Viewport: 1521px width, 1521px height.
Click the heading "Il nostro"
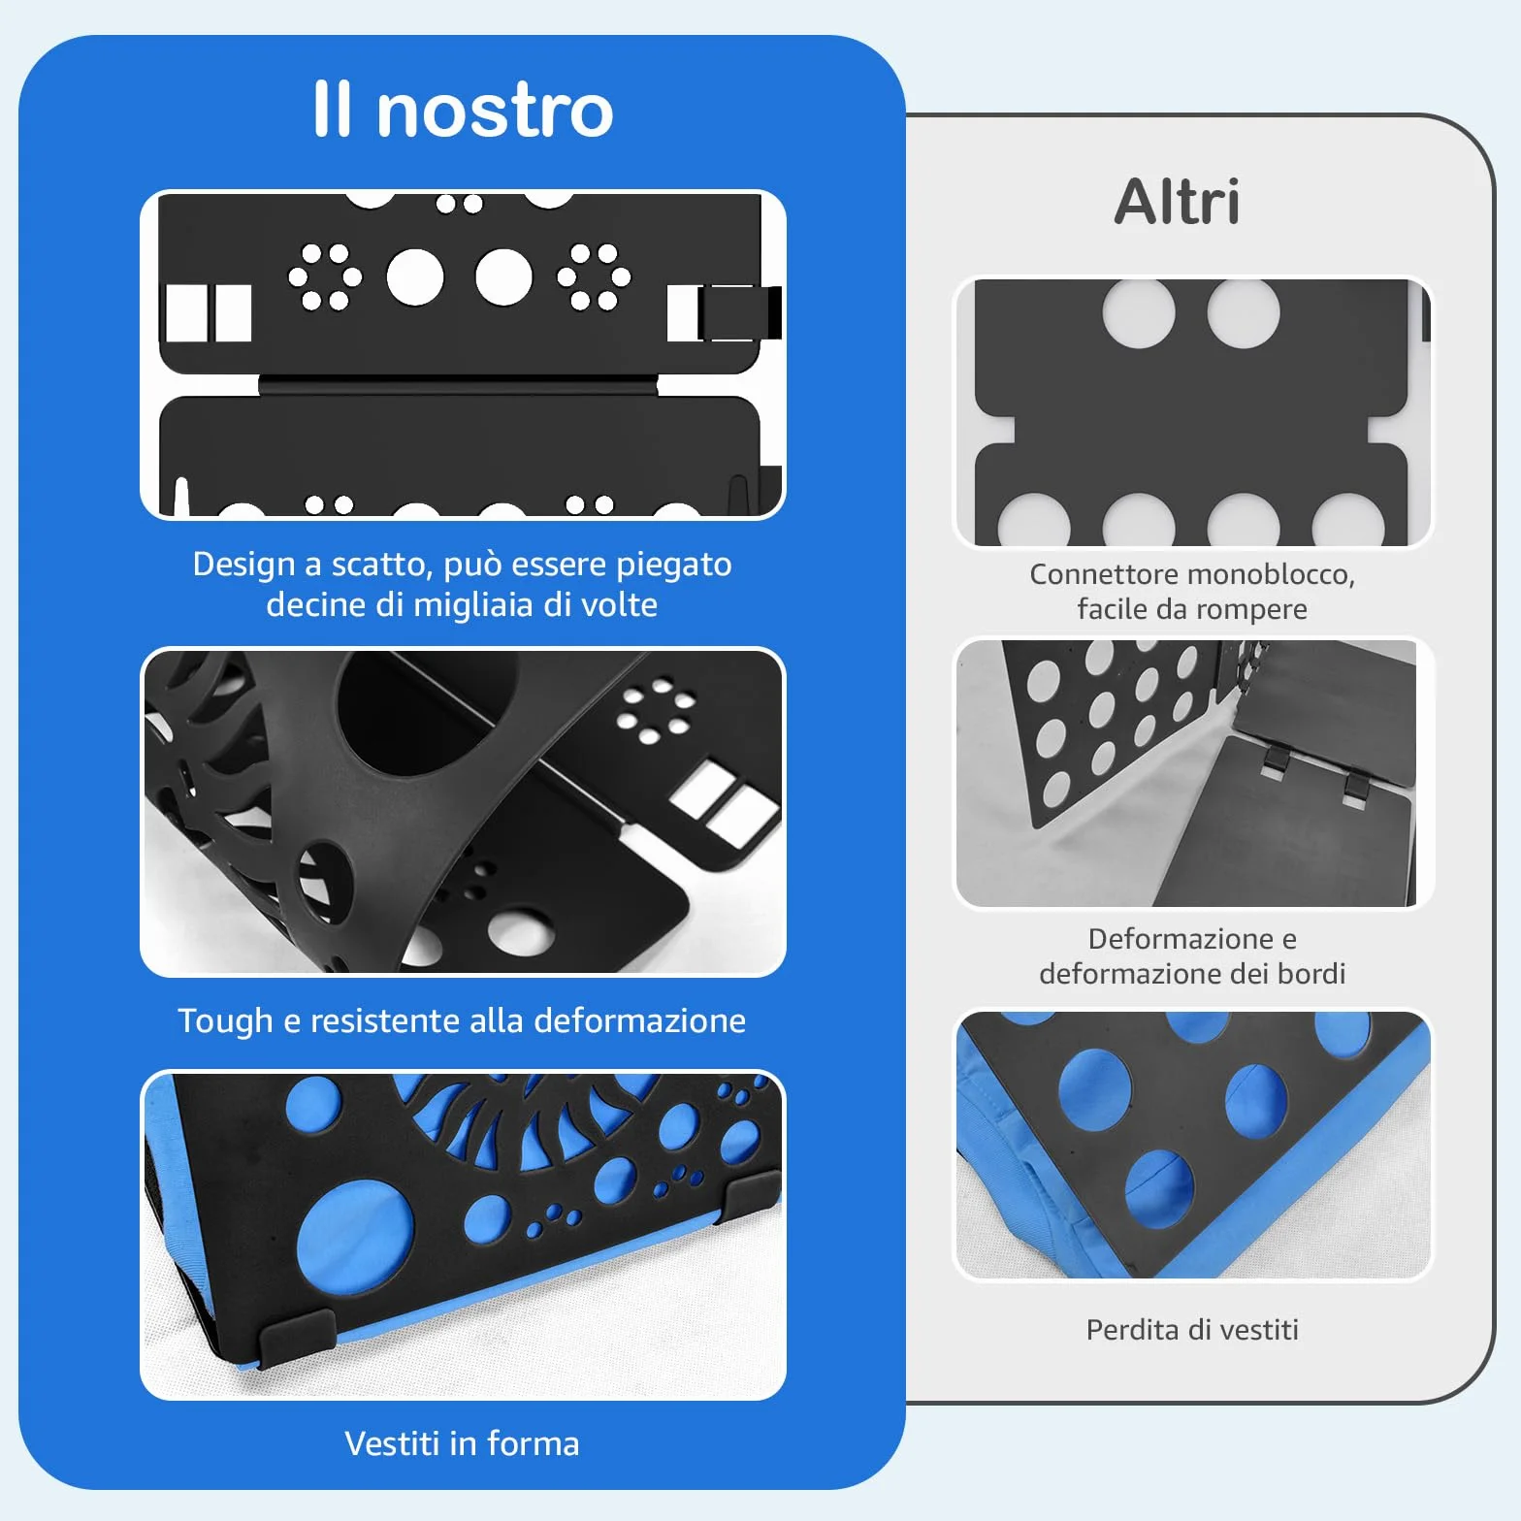[x=463, y=109]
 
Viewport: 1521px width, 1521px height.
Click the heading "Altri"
[x=1177, y=202]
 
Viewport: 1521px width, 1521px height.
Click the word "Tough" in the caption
[x=225, y=1021]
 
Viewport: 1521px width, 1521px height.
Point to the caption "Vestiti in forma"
[x=462, y=1443]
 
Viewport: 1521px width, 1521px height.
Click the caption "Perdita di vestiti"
[x=1192, y=1329]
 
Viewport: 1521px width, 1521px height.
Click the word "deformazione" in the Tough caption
[x=640, y=1020]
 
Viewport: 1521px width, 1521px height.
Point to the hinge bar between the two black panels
[x=458, y=385]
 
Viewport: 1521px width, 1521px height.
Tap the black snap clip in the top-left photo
[x=739, y=312]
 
